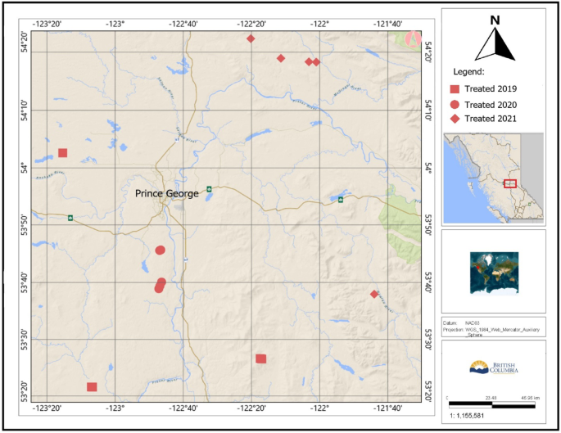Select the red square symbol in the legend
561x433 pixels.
pyautogui.click(x=455, y=88)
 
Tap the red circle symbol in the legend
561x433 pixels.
pyautogui.click(x=455, y=104)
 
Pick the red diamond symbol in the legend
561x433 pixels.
pyautogui.click(x=455, y=119)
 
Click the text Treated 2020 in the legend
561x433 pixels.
pyautogui.click(x=491, y=104)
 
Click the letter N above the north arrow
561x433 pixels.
pyautogui.click(x=495, y=20)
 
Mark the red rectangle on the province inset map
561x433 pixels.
pyautogui.click(x=510, y=183)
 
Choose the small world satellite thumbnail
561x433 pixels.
pyautogui.click(x=494, y=271)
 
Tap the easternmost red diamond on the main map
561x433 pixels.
pyautogui.click(x=374, y=294)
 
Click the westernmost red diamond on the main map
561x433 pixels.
pyautogui.click(x=251, y=38)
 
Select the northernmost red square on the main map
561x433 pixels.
pyautogui.click(x=62, y=153)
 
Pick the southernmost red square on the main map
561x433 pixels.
pyautogui.click(x=92, y=387)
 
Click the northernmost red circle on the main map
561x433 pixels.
pyautogui.click(x=161, y=250)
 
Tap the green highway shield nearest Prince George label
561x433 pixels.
pyautogui.click(x=209, y=189)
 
